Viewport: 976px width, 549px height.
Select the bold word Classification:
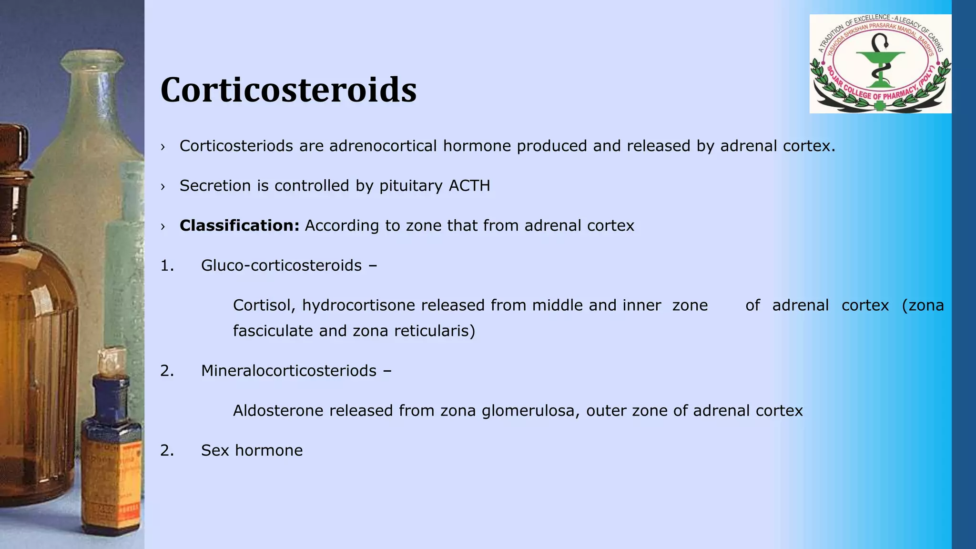[239, 225]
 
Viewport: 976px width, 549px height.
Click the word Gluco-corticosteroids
[281, 265]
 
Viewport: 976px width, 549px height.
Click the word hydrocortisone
[359, 305]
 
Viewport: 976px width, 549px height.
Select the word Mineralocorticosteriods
[288, 371]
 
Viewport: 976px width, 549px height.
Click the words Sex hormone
[252, 450]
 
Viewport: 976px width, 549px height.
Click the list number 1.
[167, 265]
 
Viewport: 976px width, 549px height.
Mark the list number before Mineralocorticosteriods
[167, 371]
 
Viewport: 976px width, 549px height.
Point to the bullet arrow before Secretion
[163, 186]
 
